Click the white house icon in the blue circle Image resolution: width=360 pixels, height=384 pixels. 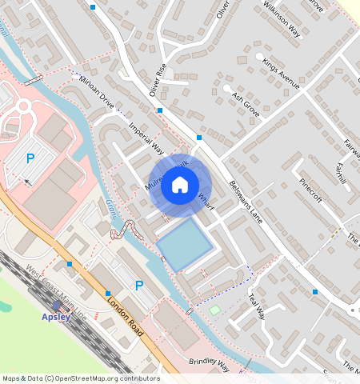click(180, 186)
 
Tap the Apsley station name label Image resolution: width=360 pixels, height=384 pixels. click(56, 316)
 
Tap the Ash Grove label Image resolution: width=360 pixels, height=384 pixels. click(246, 105)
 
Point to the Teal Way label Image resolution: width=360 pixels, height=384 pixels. click(256, 305)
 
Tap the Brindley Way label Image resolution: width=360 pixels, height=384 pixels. click(209, 364)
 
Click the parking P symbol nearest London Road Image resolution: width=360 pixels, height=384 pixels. click(139, 286)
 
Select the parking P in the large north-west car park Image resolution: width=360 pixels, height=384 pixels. click(30, 158)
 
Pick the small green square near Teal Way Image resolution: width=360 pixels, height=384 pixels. click(214, 310)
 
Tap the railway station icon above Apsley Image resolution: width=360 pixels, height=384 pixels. click(55, 306)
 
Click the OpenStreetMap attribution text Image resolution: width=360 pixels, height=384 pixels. click(81, 378)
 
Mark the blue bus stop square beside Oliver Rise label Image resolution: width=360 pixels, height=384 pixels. click(161, 110)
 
